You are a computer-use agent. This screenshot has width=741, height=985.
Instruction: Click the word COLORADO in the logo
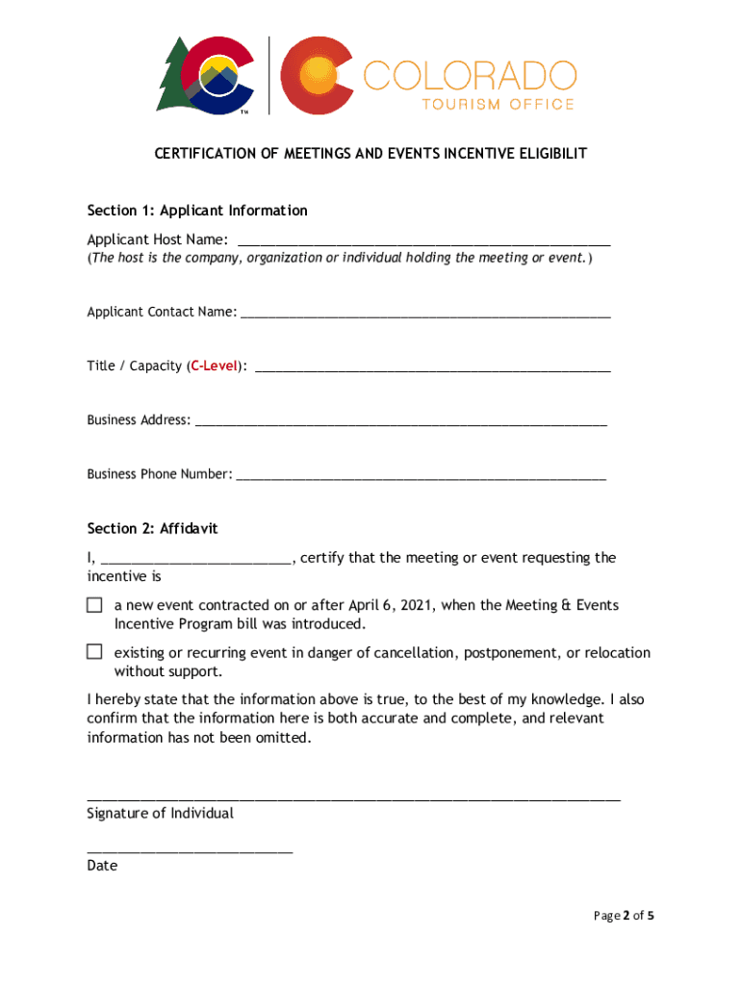[471, 75]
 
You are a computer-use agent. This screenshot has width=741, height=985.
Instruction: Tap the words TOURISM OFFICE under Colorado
[498, 104]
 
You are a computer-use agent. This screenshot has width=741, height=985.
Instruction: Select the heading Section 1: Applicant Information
[197, 210]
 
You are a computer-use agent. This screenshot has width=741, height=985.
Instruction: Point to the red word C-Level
[214, 366]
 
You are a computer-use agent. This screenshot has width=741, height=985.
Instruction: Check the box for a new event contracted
[94, 605]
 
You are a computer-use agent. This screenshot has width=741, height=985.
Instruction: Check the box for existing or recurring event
[94, 652]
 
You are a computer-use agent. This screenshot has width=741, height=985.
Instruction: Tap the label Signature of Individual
[160, 814]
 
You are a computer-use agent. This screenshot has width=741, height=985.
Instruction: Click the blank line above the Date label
[190, 850]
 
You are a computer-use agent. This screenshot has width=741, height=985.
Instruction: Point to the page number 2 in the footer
[626, 916]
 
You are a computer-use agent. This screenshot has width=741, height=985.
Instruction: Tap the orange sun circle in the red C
[318, 74]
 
